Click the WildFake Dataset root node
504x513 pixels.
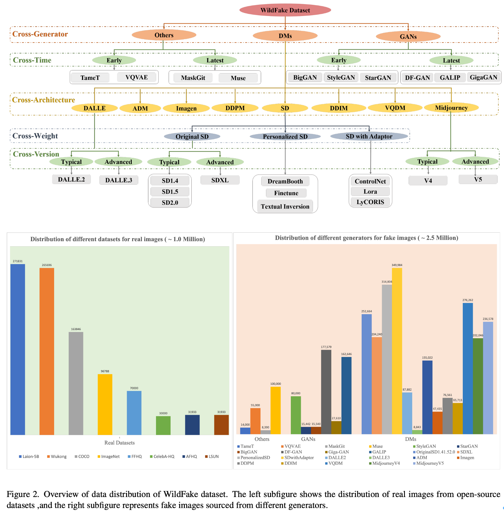click(285, 10)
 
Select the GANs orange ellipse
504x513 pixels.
click(408, 36)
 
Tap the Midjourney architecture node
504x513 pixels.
click(451, 108)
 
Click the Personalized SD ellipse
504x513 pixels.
click(285, 136)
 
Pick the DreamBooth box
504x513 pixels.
click(285, 181)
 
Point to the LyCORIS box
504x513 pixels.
click(370, 202)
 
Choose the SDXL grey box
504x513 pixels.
click(220, 180)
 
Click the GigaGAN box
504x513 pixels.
click(483, 77)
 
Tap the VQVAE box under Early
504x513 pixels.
click(137, 77)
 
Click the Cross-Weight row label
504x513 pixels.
click(35, 136)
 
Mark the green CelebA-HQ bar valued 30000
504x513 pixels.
click(163, 425)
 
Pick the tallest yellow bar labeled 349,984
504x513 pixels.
click(397, 350)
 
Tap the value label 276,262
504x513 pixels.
click(468, 300)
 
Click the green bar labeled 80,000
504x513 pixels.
click(296, 415)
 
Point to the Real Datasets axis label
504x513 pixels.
click(120, 443)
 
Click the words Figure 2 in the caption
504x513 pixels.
click(22, 494)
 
